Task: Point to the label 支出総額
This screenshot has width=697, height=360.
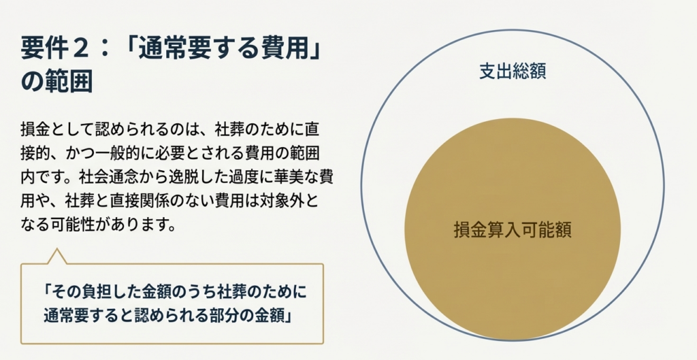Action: click(513, 71)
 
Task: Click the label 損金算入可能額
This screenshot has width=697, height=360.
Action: click(513, 230)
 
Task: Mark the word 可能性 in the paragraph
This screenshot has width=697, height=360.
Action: click(74, 225)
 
